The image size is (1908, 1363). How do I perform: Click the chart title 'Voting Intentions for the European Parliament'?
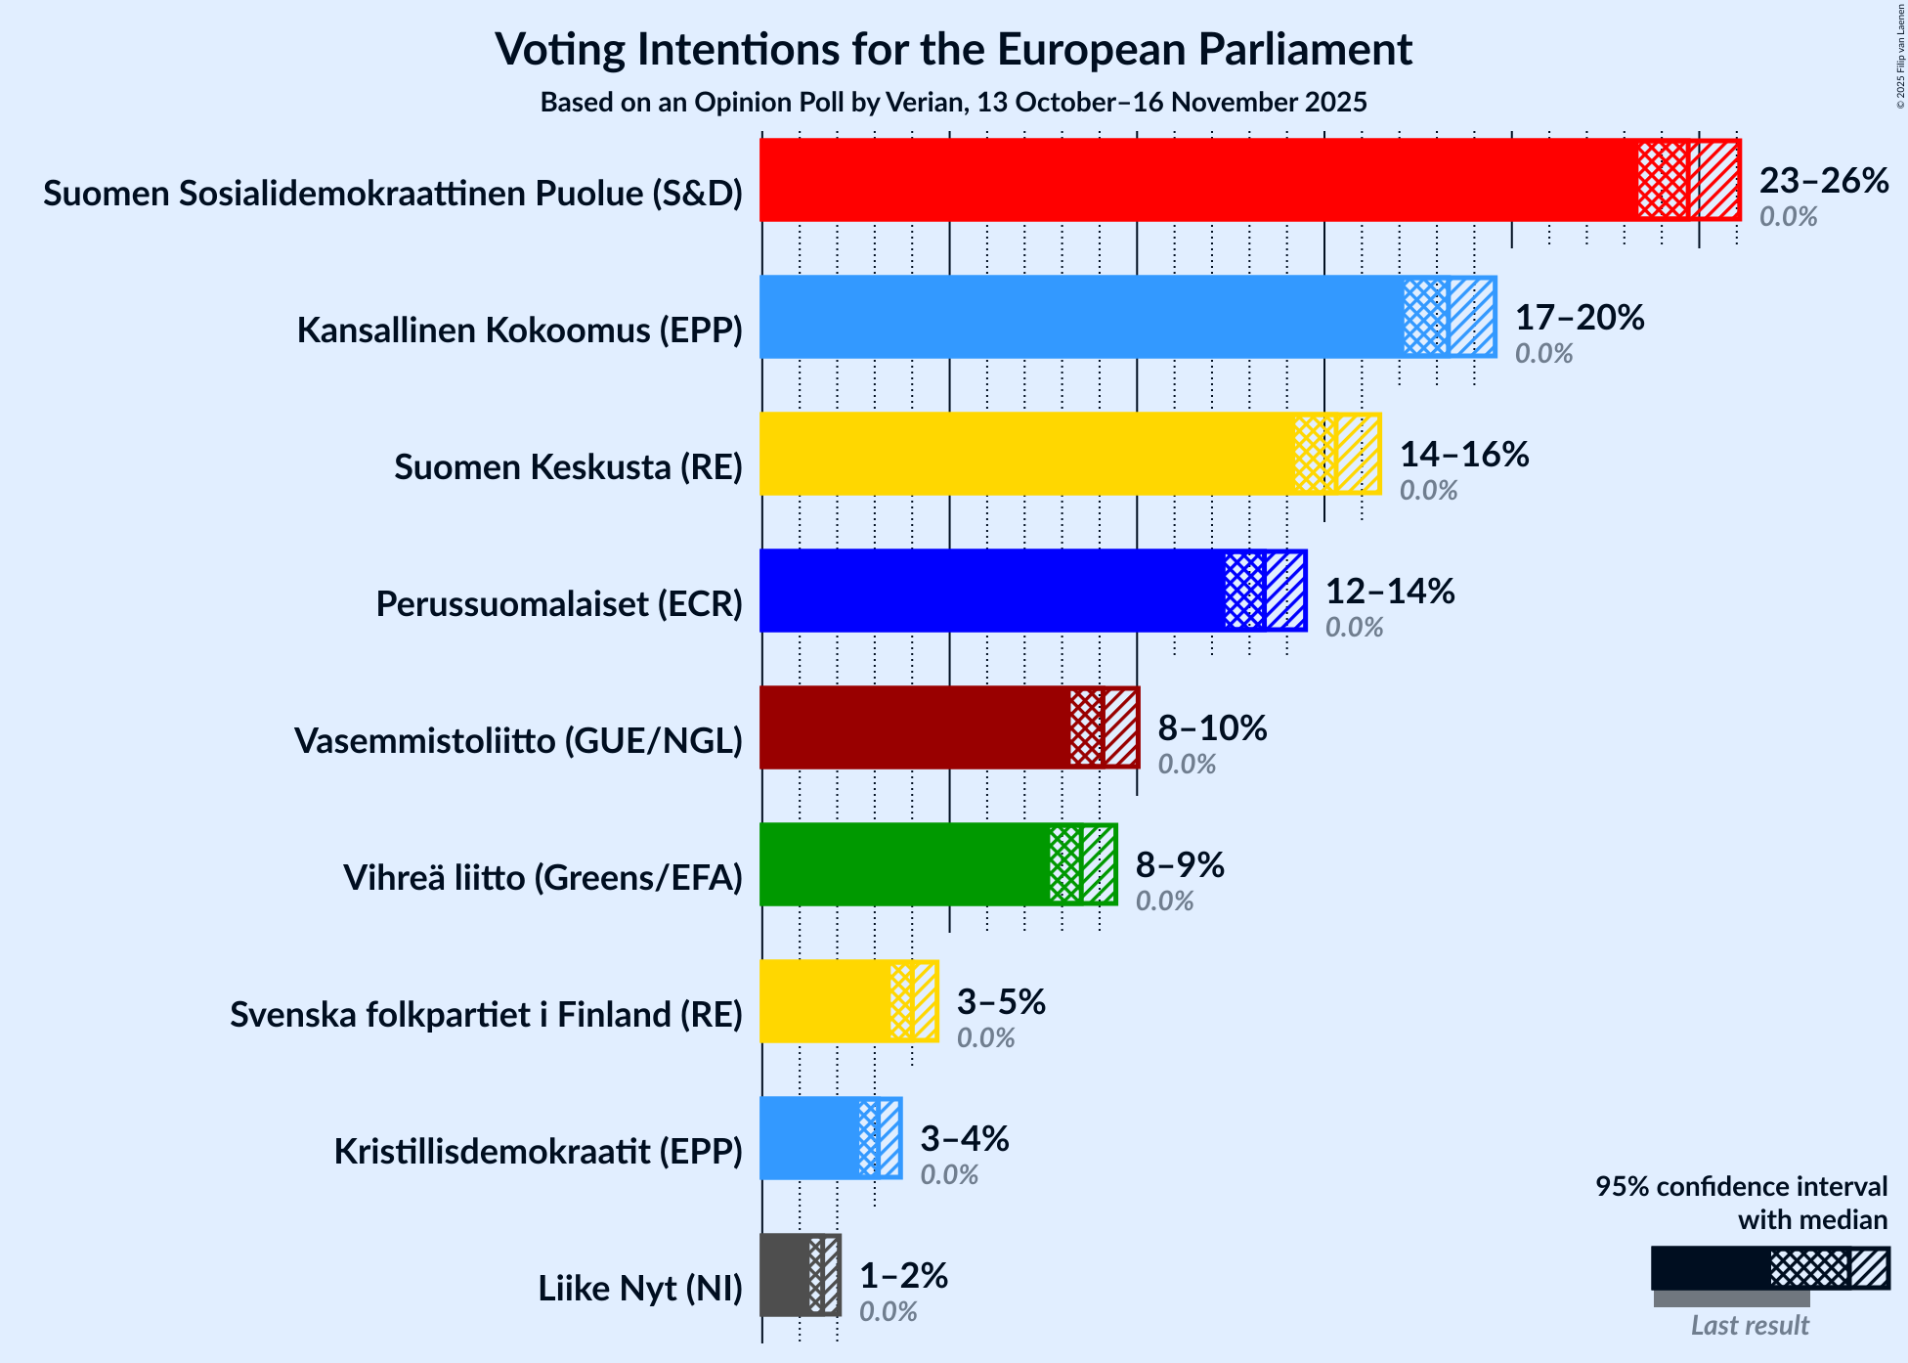coord(953,49)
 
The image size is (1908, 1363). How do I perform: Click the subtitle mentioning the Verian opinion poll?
coord(953,103)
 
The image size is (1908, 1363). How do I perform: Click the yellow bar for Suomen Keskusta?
coord(1026,454)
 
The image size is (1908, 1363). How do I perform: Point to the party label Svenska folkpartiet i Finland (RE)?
coord(486,1015)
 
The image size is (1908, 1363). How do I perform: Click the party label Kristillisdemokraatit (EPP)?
coord(538,1152)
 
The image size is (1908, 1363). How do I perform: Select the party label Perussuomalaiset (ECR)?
coord(559,604)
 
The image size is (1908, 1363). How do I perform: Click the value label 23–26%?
coord(1824,181)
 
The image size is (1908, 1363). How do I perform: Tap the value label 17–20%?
coord(1580,318)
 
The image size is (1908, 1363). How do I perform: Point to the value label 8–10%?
coord(1212,728)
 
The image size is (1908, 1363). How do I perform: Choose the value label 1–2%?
coord(903,1276)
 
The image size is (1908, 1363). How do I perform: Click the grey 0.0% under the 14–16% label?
coord(1428,491)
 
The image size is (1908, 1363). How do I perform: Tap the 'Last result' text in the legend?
coord(1750,1326)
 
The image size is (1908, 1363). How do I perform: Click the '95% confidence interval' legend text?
coord(1741,1187)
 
